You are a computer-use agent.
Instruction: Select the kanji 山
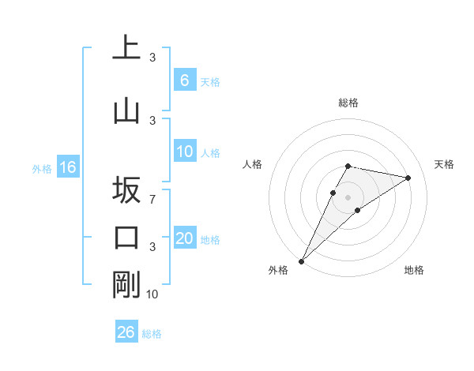(x=126, y=111)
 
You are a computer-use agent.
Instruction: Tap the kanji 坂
(x=126, y=190)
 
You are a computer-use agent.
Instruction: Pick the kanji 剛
(x=126, y=285)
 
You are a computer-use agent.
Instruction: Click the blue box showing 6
(x=184, y=81)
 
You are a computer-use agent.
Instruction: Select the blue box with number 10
(x=184, y=152)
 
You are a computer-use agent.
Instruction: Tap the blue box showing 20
(x=184, y=239)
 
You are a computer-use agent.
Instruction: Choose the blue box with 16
(x=67, y=167)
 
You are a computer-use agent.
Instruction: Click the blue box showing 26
(x=126, y=332)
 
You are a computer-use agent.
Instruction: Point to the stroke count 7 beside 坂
(x=152, y=200)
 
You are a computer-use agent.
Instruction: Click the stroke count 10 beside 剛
(x=152, y=294)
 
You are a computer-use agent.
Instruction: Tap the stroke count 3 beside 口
(x=152, y=247)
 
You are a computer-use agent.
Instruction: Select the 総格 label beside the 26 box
(x=152, y=334)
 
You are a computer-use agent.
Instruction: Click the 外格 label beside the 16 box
(x=42, y=168)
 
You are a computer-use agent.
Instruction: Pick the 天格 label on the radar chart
(x=445, y=164)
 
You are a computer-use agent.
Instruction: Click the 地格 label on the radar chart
(x=414, y=270)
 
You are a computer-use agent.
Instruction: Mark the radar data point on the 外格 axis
(x=301, y=260)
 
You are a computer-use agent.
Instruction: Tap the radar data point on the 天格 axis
(x=408, y=178)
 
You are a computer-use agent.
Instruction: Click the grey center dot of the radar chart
(x=348, y=197)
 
